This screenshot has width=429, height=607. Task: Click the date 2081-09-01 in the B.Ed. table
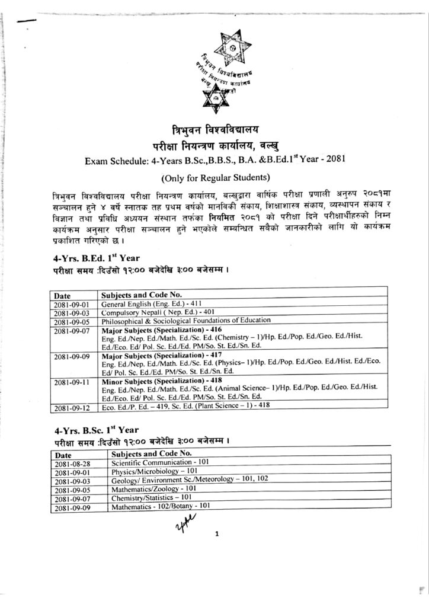coord(70,303)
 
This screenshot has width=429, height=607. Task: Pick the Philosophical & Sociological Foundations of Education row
coord(186,320)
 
